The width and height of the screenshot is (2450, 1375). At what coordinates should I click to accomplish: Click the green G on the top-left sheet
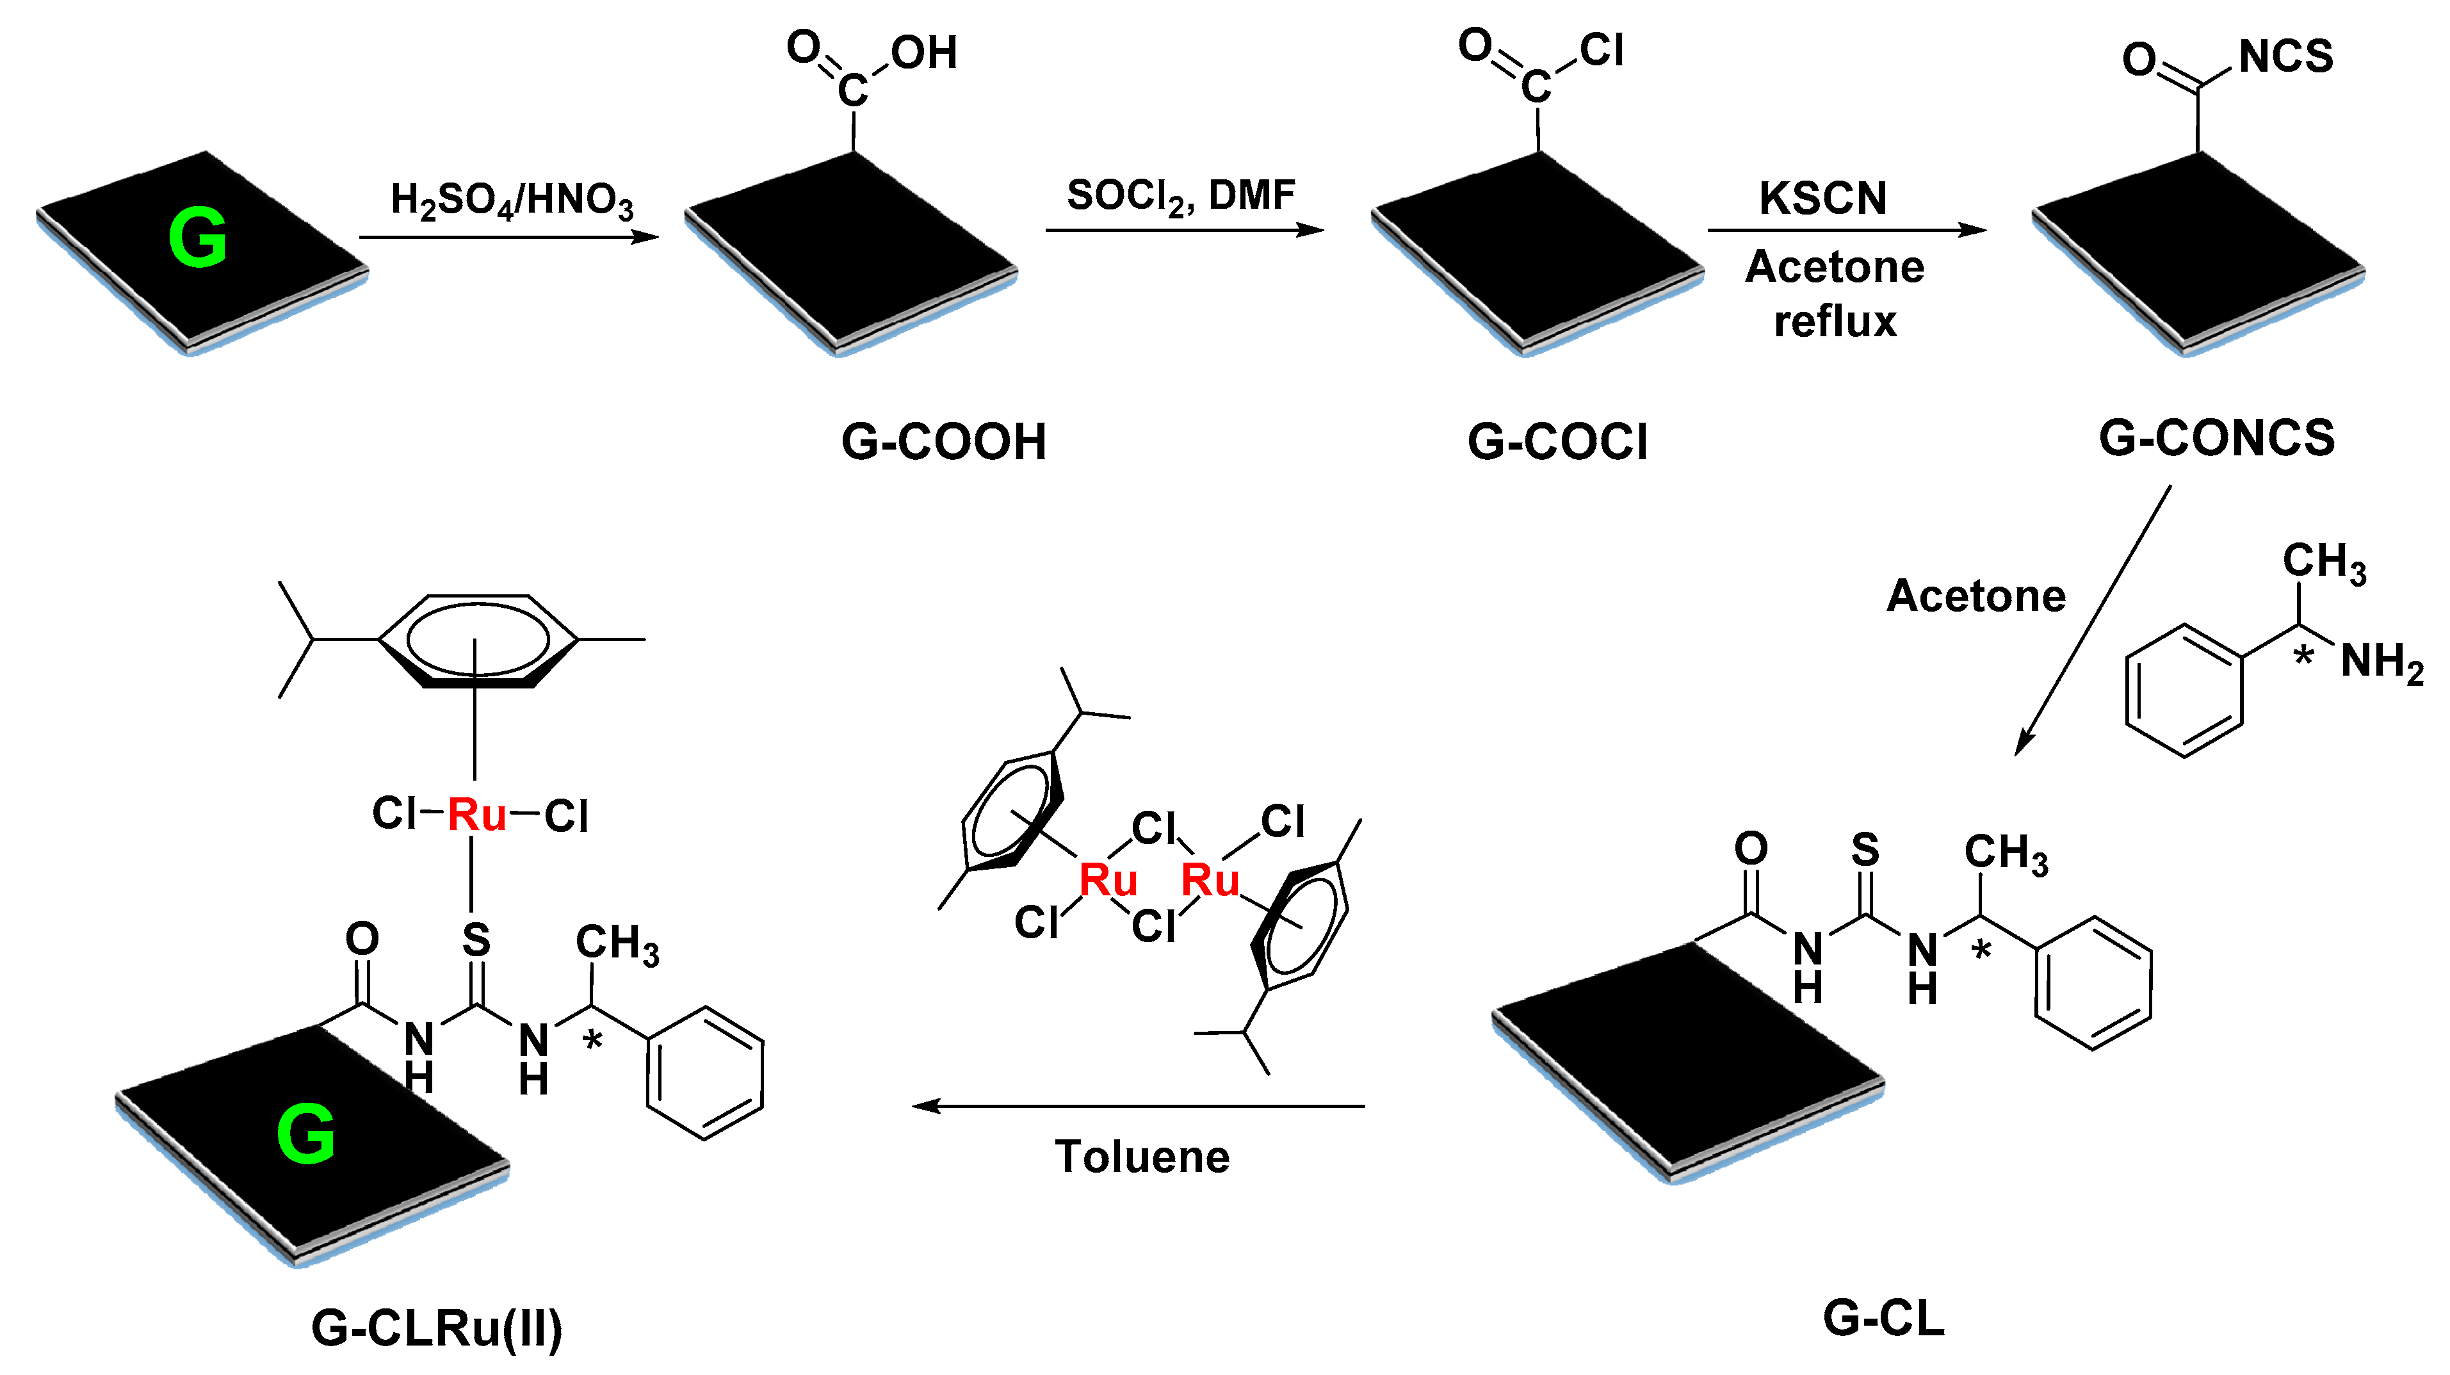tap(198, 238)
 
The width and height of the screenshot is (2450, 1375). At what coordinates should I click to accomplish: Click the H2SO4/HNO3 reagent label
tap(512, 200)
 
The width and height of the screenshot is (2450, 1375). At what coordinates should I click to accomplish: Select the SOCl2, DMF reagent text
tap(1180, 196)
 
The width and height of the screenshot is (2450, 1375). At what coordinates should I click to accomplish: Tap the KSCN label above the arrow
tap(1822, 199)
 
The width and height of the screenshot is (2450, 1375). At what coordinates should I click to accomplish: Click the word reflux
tap(1835, 321)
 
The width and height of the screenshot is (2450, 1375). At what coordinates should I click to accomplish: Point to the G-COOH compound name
tap(943, 442)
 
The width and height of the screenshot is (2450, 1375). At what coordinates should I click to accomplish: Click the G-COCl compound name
tap(1557, 442)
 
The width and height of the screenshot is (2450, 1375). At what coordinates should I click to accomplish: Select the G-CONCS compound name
tap(2216, 438)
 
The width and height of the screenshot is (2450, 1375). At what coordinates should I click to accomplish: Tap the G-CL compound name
tap(1883, 1319)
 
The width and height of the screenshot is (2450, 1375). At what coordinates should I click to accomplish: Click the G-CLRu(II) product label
tap(437, 1328)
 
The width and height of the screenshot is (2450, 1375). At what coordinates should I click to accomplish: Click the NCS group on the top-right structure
tap(2285, 57)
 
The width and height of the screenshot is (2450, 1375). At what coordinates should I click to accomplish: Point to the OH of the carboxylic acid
tap(923, 53)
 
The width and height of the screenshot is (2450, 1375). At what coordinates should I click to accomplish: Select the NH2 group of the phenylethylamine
tap(2381, 661)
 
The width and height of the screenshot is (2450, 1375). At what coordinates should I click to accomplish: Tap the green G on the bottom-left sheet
tap(306, 1134)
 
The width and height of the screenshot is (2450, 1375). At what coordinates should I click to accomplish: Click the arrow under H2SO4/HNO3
tap(509, 237)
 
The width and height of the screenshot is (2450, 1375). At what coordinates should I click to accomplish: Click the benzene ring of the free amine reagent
tap(2184, 690)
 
